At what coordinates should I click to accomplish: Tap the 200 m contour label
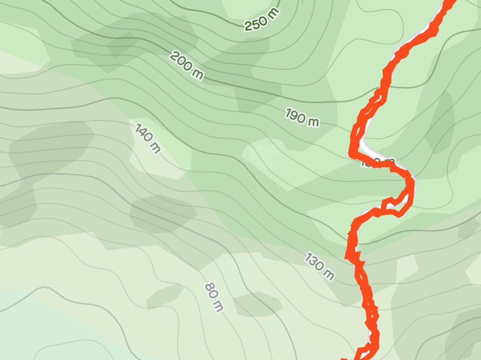(187, 65)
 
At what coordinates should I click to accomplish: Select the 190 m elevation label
(302, 117)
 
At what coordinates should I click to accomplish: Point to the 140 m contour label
(147, 139)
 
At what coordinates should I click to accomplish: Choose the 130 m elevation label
(319, 266)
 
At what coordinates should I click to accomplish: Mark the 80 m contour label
(214, 297)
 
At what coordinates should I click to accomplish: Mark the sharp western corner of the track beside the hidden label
(352, 154)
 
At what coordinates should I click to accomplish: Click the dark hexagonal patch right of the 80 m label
(257, 304)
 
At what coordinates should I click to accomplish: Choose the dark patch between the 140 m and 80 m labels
(163, 213)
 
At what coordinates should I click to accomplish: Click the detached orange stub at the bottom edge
(344, 358)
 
